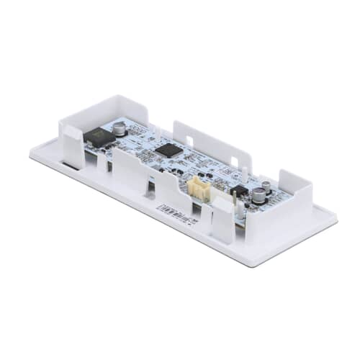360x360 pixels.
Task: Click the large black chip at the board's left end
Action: pos(99,136)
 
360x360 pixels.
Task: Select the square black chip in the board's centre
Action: pos(168,150)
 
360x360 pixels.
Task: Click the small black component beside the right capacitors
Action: pos(239,190)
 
